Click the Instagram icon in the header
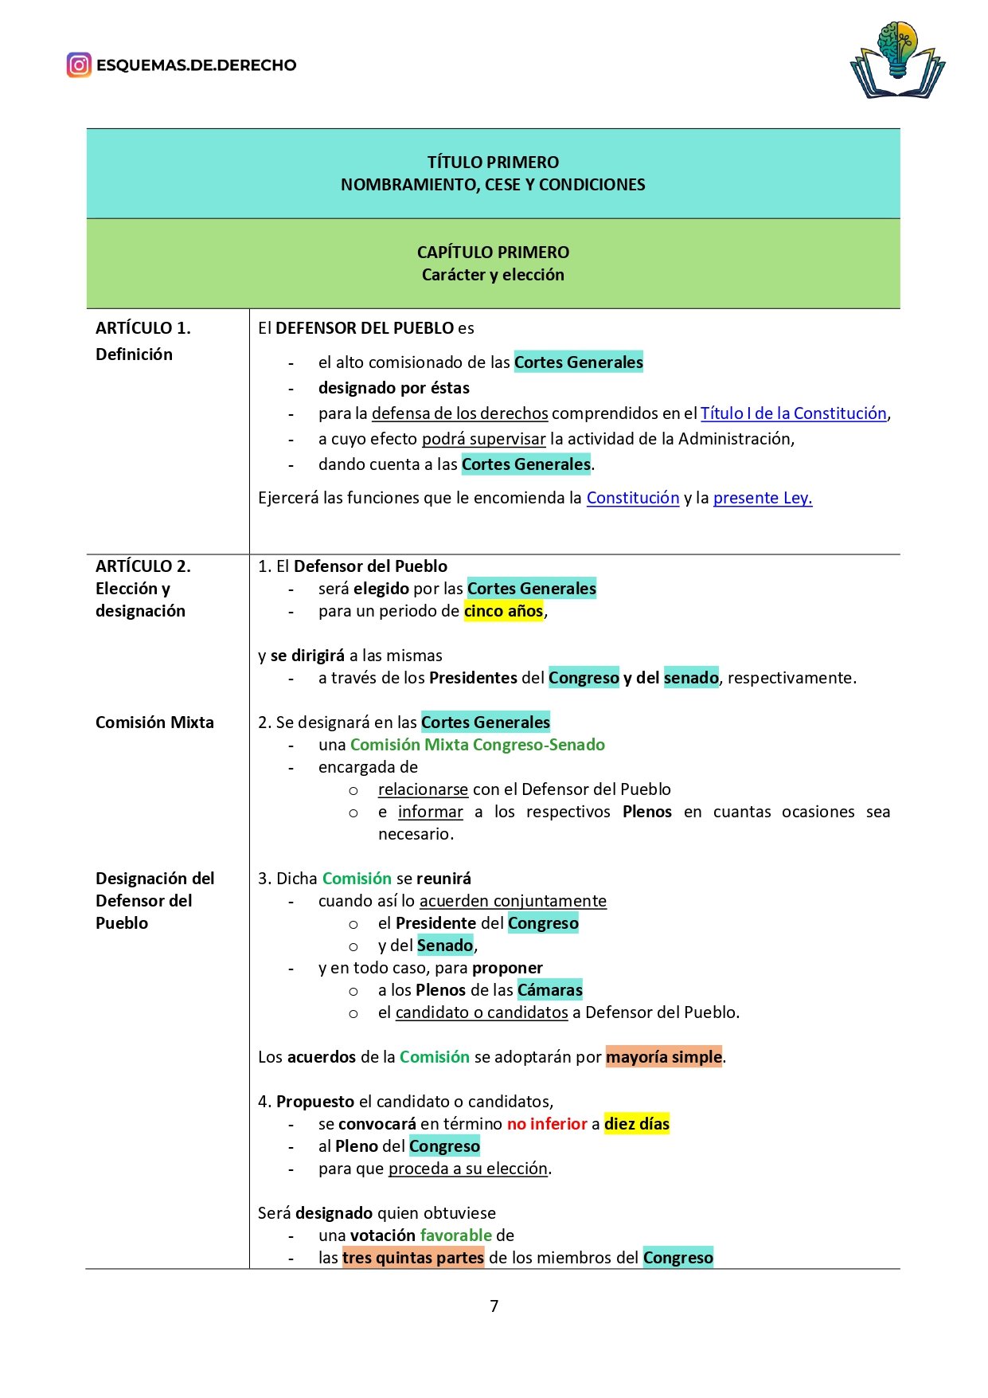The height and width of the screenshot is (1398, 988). click(79, 65)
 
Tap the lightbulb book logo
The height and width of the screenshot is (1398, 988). click(897, 61)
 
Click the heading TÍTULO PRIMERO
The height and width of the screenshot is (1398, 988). click(493, 163)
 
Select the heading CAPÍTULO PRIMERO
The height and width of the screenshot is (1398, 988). click(493, 253)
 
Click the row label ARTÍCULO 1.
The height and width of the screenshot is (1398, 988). click(143, 328)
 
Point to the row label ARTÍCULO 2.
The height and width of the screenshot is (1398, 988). click(143, 566)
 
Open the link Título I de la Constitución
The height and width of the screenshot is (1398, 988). click(793, 413)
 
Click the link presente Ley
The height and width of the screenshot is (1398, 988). click(762, 498)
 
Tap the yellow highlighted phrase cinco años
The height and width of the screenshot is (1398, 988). click(504, 611)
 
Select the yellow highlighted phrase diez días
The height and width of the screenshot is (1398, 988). click(636, 1124)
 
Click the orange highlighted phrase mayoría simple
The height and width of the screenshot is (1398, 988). click(663, 1057)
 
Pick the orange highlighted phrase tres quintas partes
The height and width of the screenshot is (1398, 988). click(413, 1258)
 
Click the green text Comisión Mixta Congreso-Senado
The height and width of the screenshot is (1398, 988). click(477, 745)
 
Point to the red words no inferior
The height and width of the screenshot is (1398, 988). click(547, 1124)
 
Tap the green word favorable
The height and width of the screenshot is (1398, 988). click(455, 1235)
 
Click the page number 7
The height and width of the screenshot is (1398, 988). click(494, 1306)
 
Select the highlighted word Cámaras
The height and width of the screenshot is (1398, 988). click(549, 990)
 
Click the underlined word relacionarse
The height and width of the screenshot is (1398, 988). click(423, 789)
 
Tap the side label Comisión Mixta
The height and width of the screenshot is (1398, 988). click(154, 722)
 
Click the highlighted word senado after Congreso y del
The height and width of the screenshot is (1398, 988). click(691, 678)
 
